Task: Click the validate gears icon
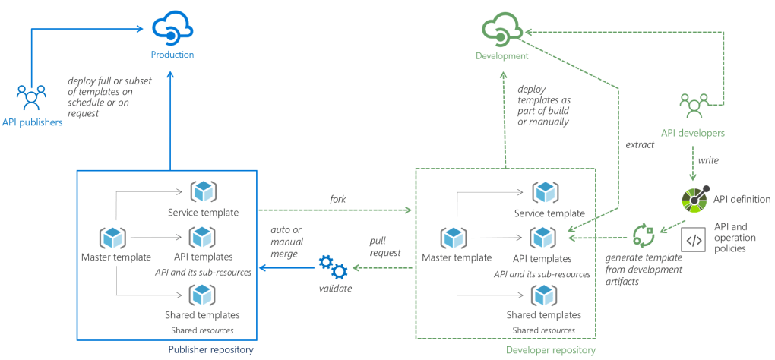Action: [331, 267]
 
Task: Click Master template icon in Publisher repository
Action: [112, 238]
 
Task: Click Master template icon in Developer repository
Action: [454, 238]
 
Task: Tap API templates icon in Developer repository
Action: [543, 238]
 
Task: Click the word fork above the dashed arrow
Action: [338, 199]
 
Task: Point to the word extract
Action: [640, 144]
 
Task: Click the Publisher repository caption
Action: [210, 349]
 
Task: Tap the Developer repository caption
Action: [550, 349]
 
